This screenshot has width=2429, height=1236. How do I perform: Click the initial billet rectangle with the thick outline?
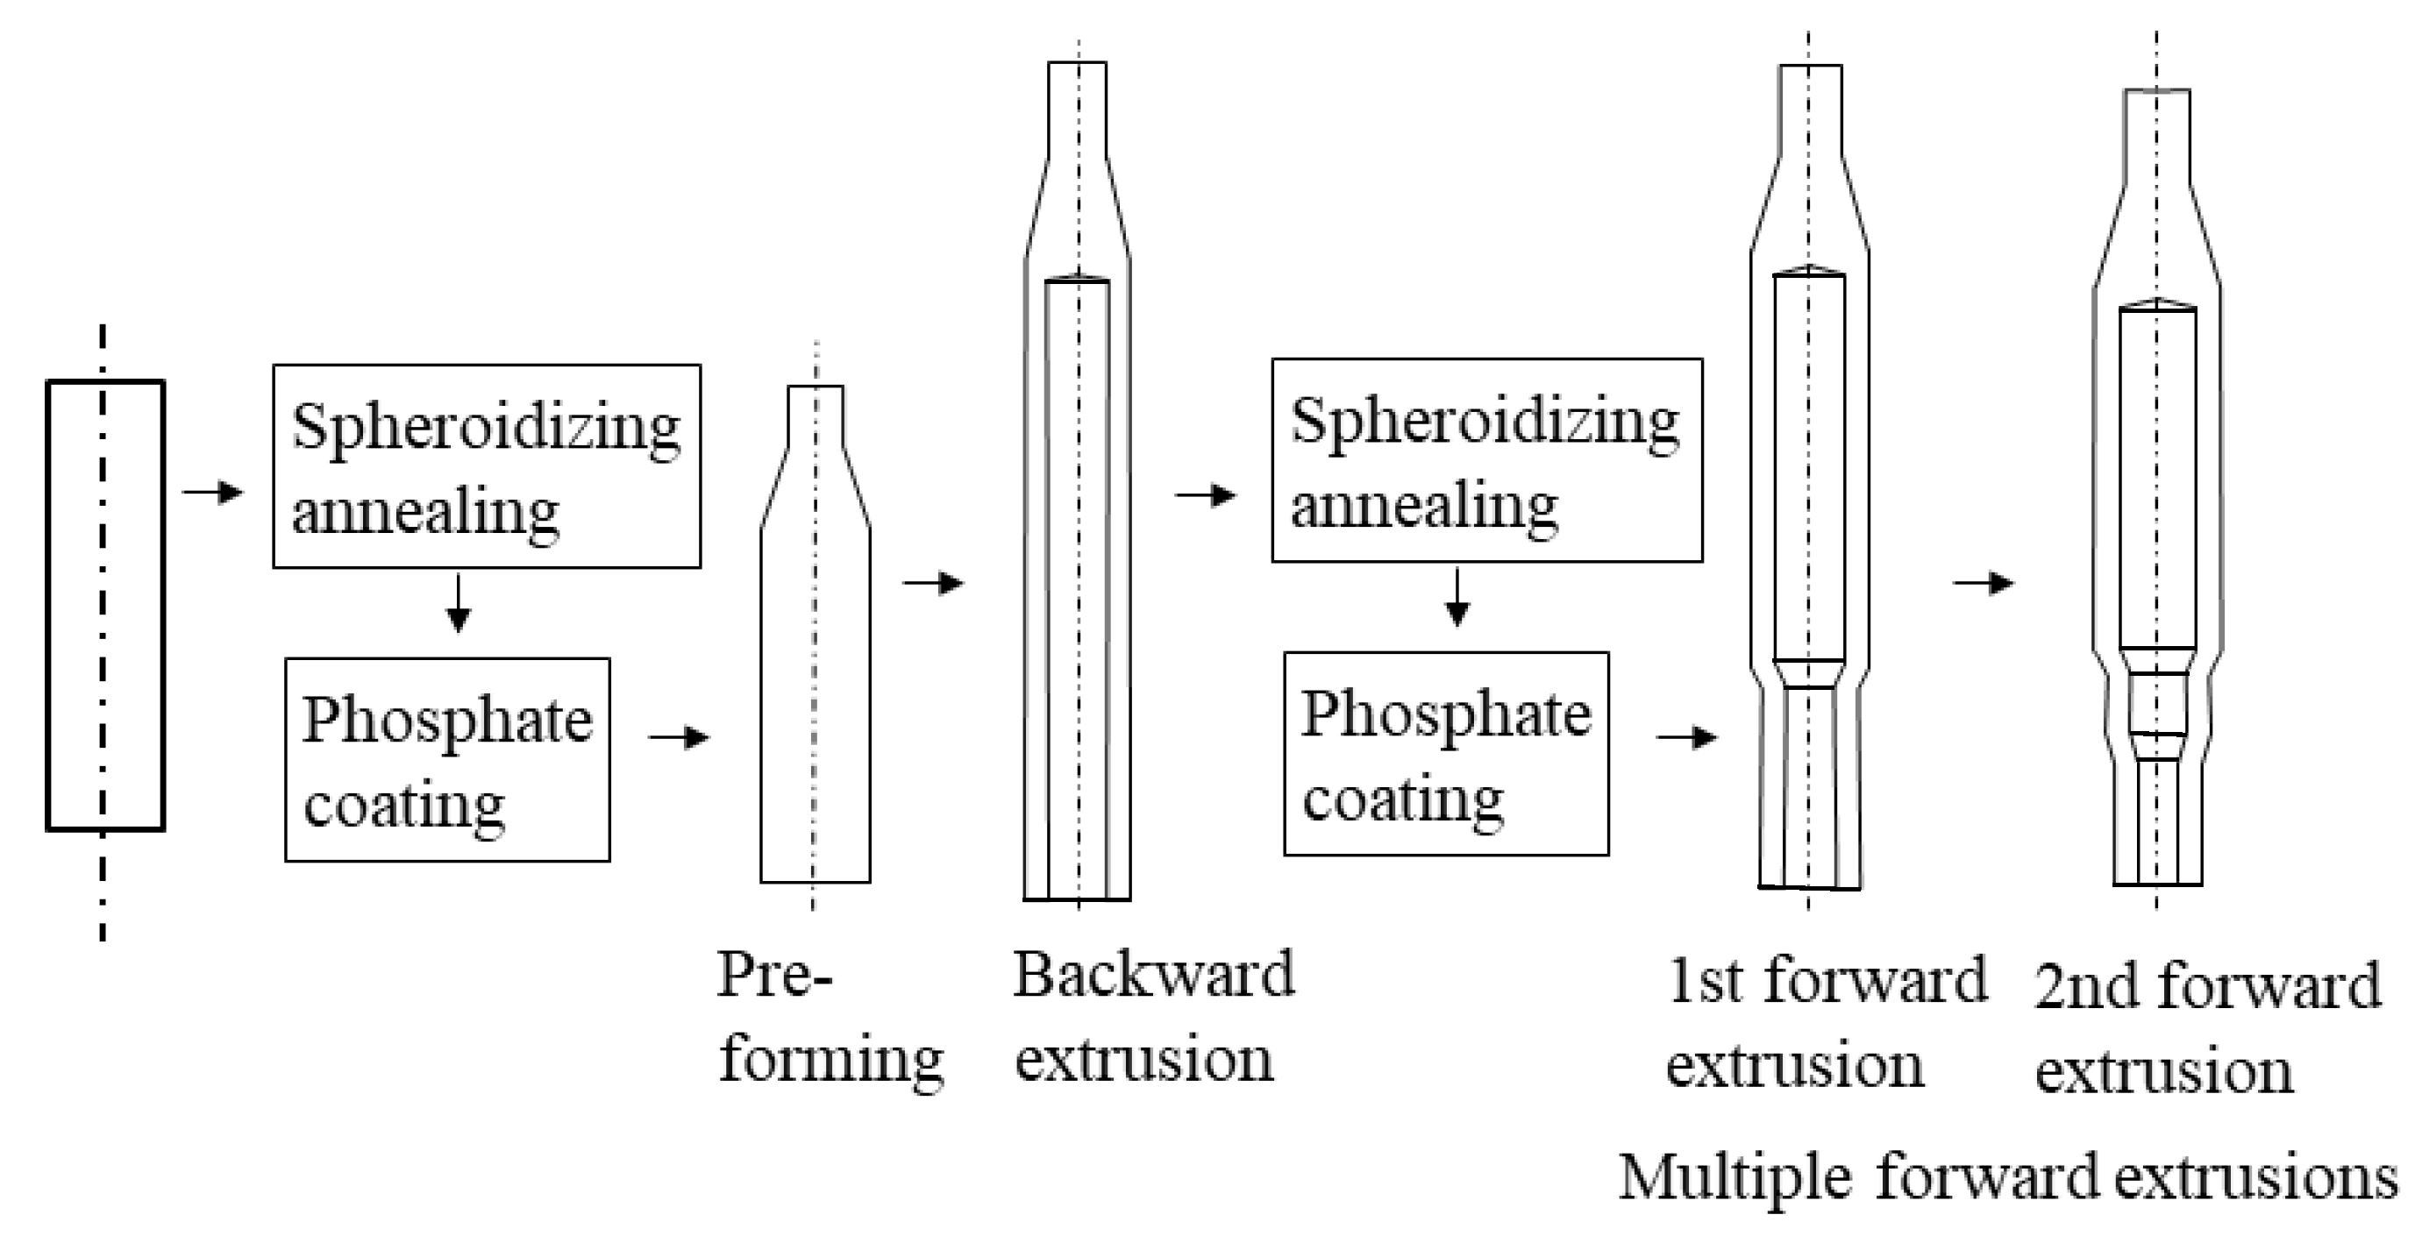[x=105, y=605]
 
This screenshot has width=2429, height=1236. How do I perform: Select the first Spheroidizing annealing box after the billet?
[x=487, y=465]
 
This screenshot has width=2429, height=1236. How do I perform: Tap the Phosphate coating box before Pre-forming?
[x=447, y=759]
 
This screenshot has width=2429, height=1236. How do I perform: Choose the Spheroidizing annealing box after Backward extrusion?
[x=1486, y=460]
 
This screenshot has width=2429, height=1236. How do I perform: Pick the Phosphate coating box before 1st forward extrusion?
[x=1445, y=753]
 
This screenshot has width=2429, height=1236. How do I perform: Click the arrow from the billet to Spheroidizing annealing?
[x=213, y=491]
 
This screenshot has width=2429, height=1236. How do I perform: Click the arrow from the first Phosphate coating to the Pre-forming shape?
[x=679, y=736]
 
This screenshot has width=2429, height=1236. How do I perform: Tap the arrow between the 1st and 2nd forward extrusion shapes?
[x=1983, y=584]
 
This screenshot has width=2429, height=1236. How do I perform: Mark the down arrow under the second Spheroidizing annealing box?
[x=1457, y=598]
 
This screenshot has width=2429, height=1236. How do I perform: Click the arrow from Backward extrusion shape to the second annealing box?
[x=1205, y=495]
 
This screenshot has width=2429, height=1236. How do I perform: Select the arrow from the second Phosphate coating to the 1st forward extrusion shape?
[x=1687, y=736]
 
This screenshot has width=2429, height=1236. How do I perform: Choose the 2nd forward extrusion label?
[x=2206, y=1026]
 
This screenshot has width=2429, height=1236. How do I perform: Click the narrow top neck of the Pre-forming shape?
[x=816, y=415]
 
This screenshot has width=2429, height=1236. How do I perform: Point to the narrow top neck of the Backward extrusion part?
[x=1078, y=109]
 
